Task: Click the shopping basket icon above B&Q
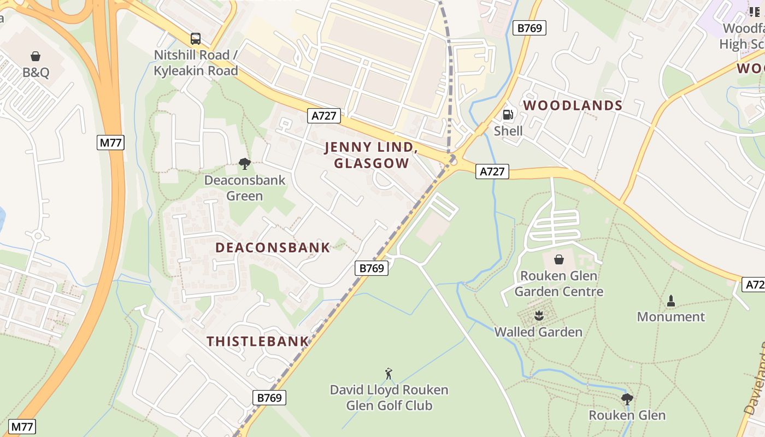coord(36,56)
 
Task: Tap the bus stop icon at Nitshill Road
coord(195,39)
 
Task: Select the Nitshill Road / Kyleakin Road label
coord(196,63)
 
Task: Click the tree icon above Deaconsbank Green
coord(244,163)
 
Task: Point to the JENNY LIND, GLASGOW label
coord(372,155)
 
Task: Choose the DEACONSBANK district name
coord(273,247)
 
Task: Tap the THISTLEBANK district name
coord(258,342)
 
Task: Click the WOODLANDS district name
coord(573,105)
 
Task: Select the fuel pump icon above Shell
coord(508,115)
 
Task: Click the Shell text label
coord(508,131)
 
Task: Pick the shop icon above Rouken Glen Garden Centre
coord(559,259)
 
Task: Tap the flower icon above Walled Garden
coord(539,315)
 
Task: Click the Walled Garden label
coord(538,332)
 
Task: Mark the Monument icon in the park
coord(671,300)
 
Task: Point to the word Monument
coord(671,317)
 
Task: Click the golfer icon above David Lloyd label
coord(389,374)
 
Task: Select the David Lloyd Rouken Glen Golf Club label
coord(389,398)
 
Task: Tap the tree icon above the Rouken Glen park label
coord(627,399)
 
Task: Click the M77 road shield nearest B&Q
coord(111,143)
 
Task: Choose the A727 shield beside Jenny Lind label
coord(324,115)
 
